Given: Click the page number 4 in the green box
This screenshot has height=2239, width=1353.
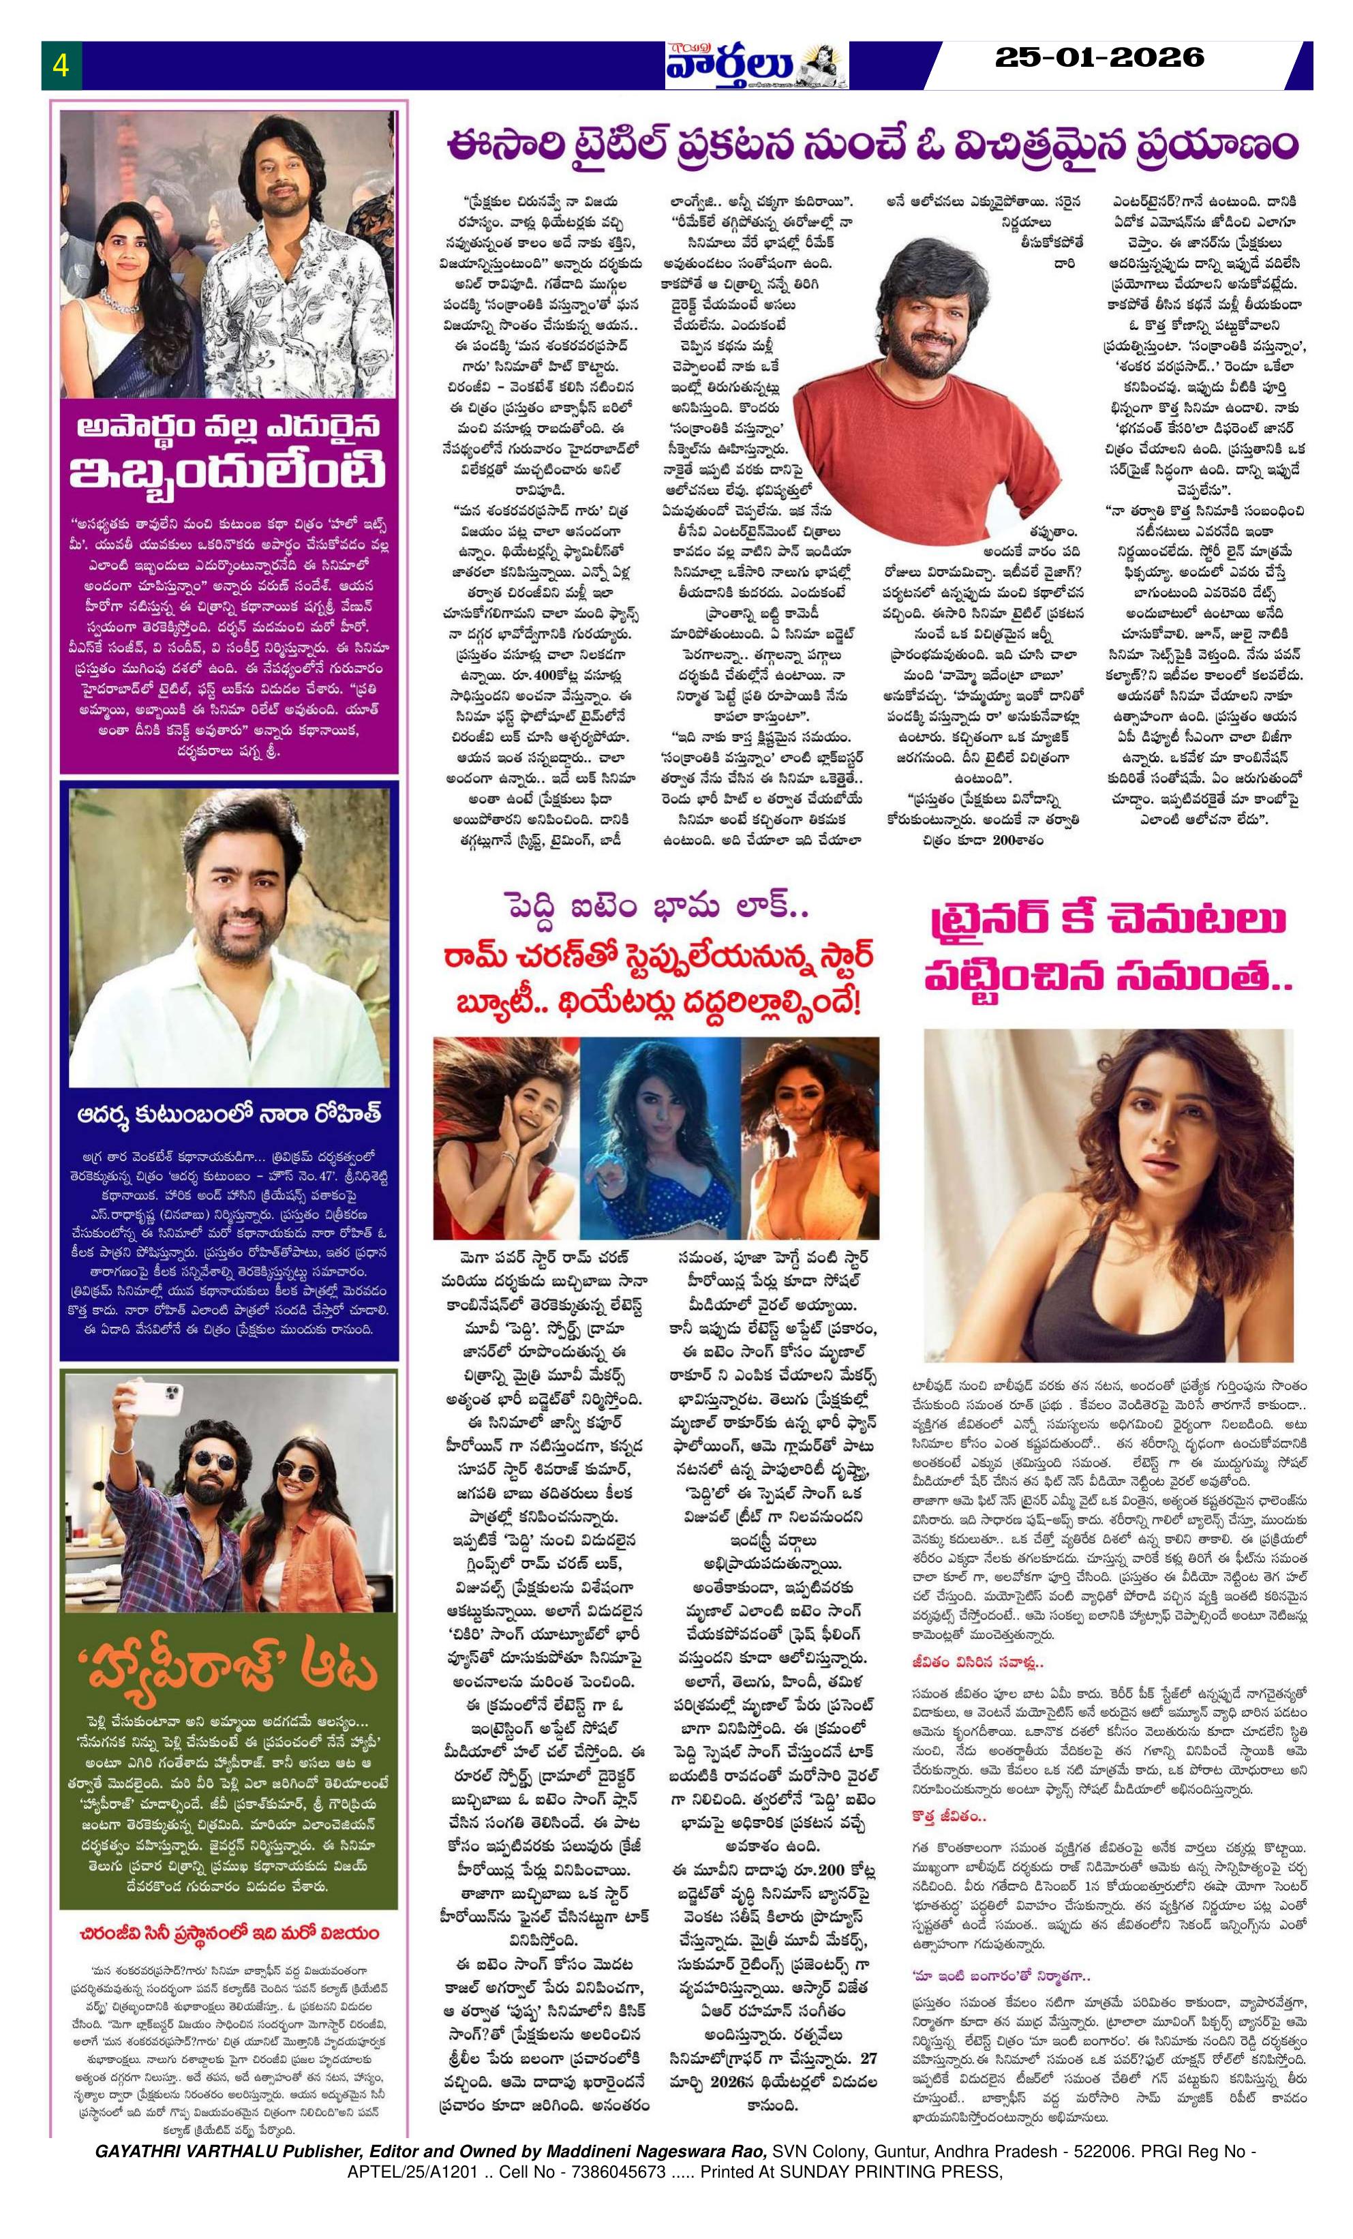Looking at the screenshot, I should (x=61, y=65).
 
